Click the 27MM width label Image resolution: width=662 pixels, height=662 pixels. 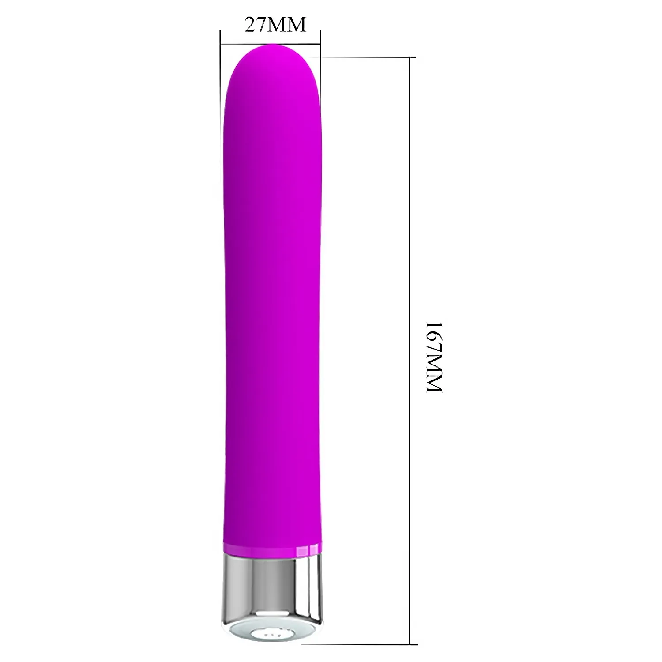[275, 25]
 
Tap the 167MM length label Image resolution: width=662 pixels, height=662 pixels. [433, 357]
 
